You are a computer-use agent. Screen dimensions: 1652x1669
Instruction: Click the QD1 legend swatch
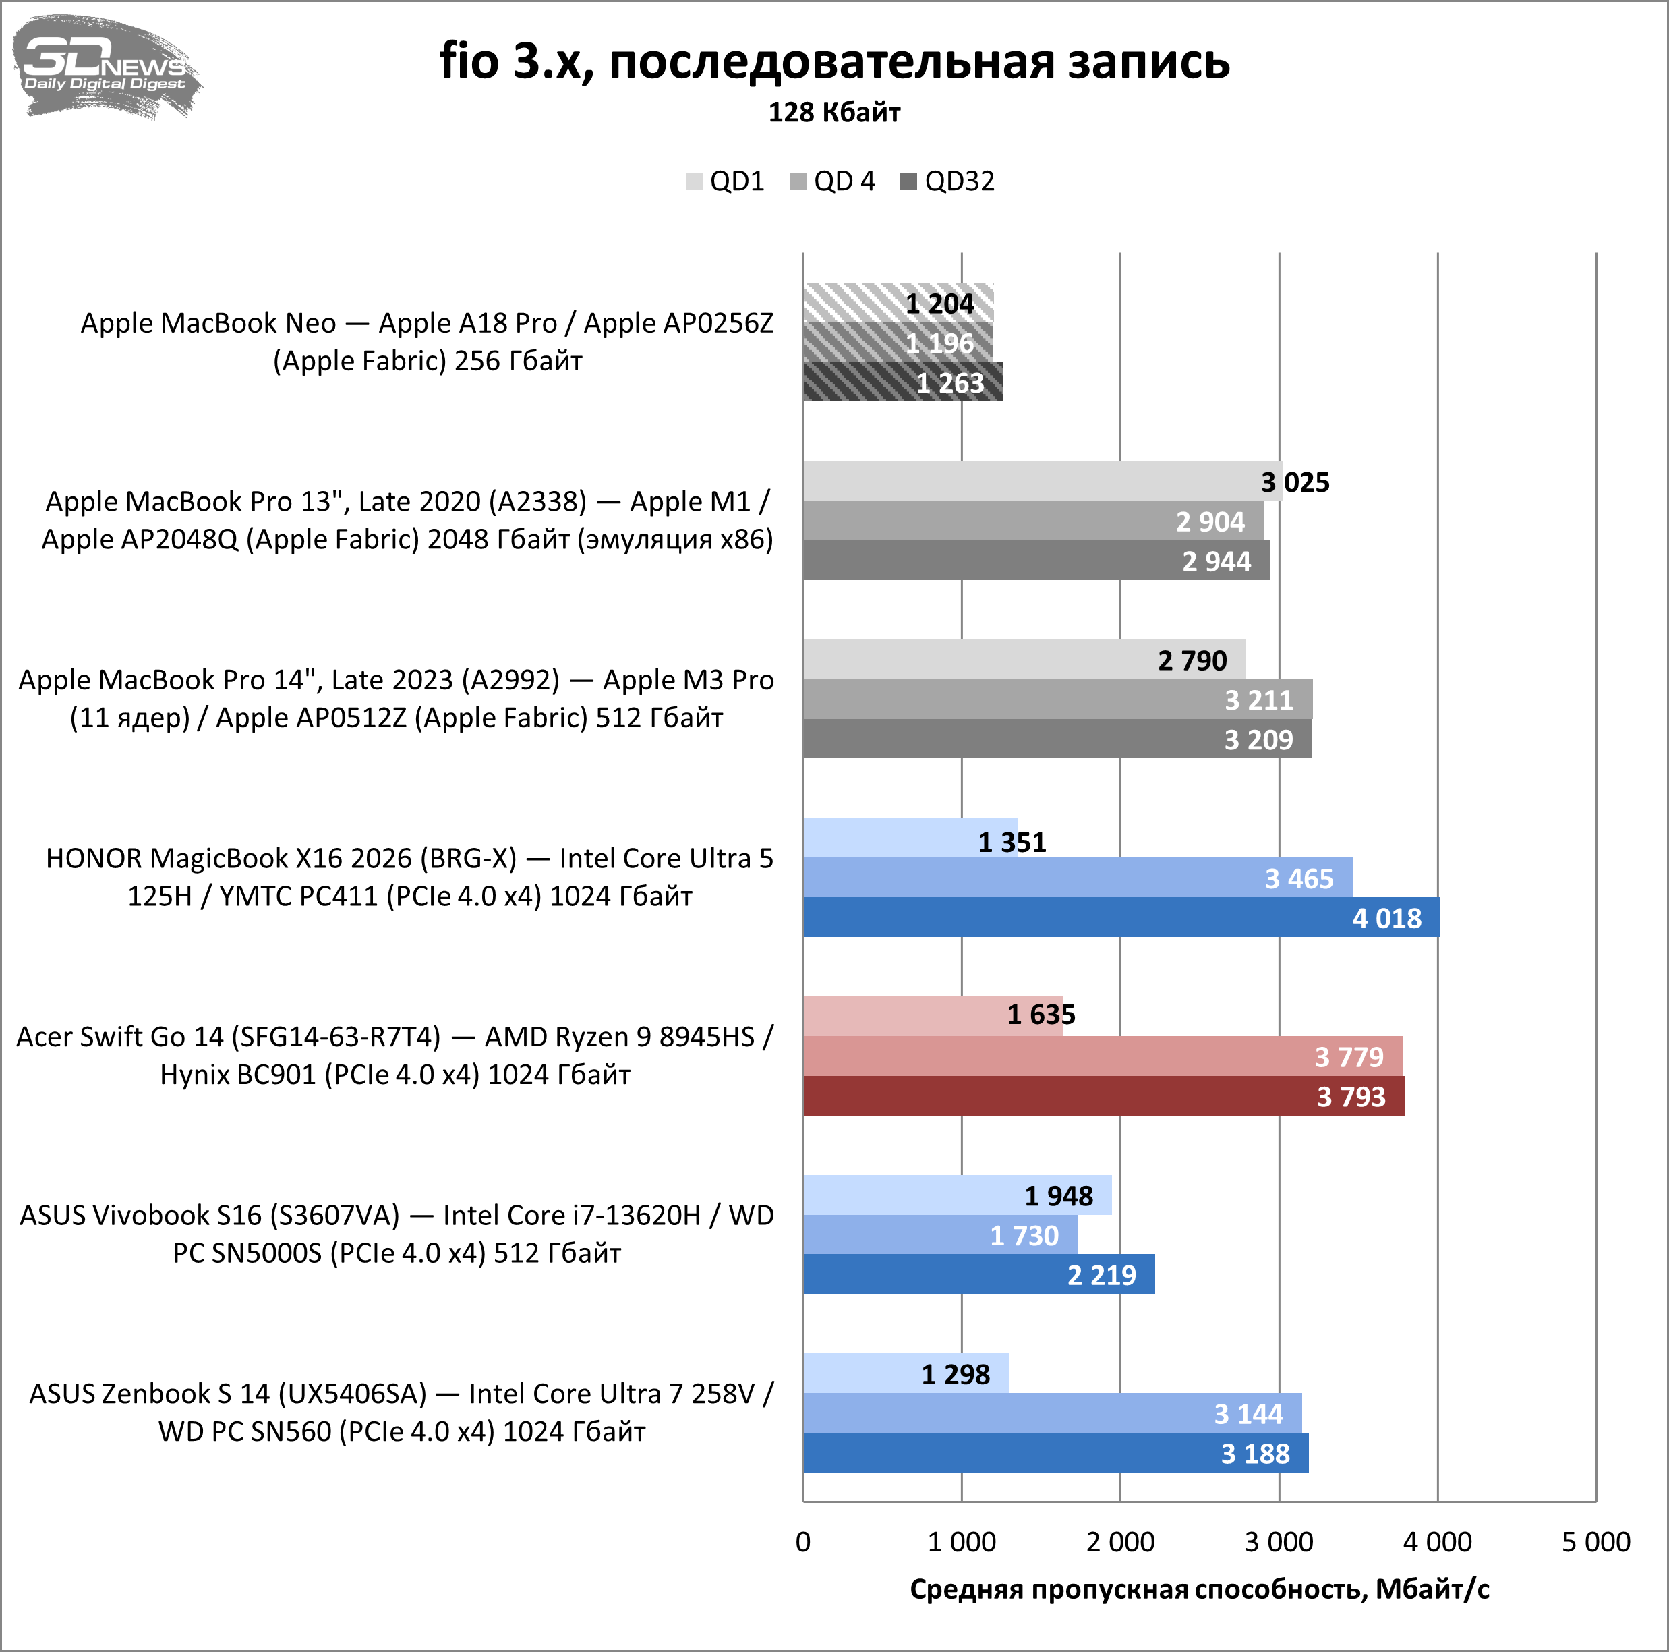pyautogui.click(x=694, y=181)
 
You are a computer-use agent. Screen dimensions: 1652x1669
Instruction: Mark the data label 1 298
pyautogui.click(x=956, y=1374)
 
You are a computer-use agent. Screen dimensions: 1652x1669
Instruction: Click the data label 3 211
pyautogui.click(x=1258, y=700)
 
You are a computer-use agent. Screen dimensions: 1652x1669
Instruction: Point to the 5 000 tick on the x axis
pyautogui.click(x=1595, y=1542)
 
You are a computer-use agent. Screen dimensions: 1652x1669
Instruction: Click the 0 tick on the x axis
pyautogui.click(x=803, y=1542)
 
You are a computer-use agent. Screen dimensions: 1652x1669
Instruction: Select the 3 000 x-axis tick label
pyautogui.click(x=1279, y=1542)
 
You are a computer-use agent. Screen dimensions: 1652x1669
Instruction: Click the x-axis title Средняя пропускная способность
pyautogui.click(x=1199, y=1589)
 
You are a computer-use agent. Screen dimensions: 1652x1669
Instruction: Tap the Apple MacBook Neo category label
pyautogui.click(x=427, y=341)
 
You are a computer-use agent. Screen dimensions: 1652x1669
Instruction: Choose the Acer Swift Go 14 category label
pyautogui.click(x=394, y=1055)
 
